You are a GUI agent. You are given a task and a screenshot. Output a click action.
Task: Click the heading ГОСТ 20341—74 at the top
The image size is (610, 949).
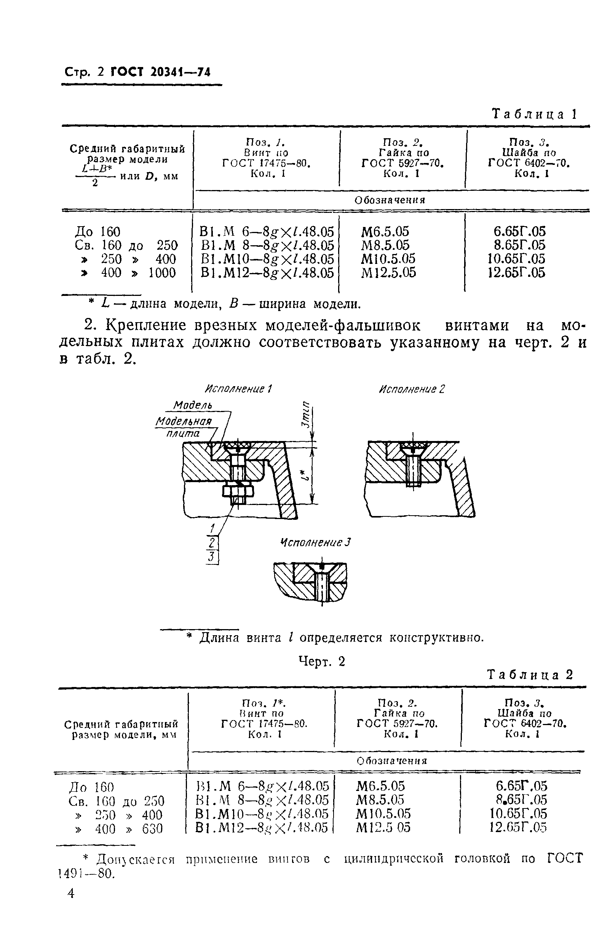coord(160,72)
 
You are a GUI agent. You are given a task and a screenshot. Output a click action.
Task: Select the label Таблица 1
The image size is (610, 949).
coord(534,115)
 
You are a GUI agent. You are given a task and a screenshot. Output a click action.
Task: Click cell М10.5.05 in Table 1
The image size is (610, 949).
coord(388,259)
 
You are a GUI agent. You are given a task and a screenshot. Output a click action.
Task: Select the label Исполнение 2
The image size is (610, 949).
coord(412,389)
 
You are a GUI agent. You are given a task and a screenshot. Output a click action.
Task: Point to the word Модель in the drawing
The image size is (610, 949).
coord(193,405)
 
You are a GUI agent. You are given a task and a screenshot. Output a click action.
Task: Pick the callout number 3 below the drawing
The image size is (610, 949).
coord(212,557)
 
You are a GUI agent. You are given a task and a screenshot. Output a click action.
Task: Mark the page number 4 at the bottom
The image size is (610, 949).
coord(71,893)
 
